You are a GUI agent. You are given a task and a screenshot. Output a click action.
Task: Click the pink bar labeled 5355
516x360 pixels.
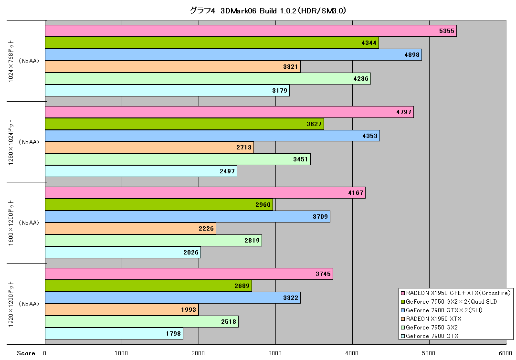pyautogui.click(x=251, y=31)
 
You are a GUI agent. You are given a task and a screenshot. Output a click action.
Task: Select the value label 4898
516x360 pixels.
pyautogui.click(x=412, y=55)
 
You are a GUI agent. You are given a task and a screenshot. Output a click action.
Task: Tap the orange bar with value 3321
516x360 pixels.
pyautogui.click(x=173, y=67)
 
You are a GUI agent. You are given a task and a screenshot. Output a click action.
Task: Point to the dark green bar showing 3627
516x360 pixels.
pyautogui.click(x=184, y=124)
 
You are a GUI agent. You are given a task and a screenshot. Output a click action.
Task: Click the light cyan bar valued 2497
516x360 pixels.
pyautogui.click(x=141, y=171)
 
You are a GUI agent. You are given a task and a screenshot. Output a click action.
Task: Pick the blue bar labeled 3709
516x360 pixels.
pyautogui.click(x=188, y=217)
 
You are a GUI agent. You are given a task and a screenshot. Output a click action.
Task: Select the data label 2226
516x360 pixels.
pyautogui.click(x=206, y=229)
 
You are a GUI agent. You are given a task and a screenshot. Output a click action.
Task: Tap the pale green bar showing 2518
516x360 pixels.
pyautogui.click(x=142, y=321)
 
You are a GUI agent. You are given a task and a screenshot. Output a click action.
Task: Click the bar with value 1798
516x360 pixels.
pyautogui.click(x=114, y=334)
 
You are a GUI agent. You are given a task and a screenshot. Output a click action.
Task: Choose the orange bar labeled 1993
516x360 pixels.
pyautogui.click(x=122, y=310)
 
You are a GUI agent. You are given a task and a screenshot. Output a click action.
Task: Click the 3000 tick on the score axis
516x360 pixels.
pyautogui.click(x=275, y=353)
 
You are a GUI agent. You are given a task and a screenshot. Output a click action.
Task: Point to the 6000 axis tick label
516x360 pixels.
pyautogui.click(x=505, y=353)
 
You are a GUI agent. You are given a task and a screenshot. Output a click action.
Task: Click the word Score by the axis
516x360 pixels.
pyautogui.click(x=26, y=353)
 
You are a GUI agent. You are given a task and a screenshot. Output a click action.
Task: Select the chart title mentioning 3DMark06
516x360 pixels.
pyautogui.click(x=268, y=11)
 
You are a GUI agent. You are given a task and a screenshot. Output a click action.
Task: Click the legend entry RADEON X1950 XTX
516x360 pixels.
pyautogui.click(x=434, y=319)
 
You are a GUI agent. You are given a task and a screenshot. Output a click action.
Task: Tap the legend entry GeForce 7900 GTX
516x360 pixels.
pyautogui.click(x=432, y=336)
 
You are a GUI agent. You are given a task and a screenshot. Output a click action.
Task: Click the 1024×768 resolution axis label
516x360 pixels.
pyautogui.click(x=11, y=61)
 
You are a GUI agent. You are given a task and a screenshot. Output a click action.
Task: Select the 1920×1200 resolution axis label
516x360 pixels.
pyautogui.click(x=11, y=304)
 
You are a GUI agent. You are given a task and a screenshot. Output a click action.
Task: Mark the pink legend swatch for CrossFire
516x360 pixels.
pyautogui.click(x=403, y=293)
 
